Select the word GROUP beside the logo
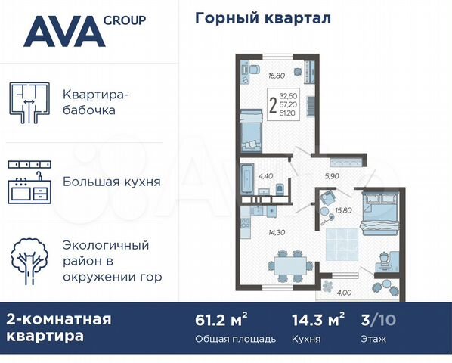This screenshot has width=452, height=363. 126,21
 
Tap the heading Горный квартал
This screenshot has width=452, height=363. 263,17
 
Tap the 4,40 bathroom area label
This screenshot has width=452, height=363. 265,176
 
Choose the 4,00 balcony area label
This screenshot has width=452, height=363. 344,293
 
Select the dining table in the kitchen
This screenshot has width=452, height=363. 289,265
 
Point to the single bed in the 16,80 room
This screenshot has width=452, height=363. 250,130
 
